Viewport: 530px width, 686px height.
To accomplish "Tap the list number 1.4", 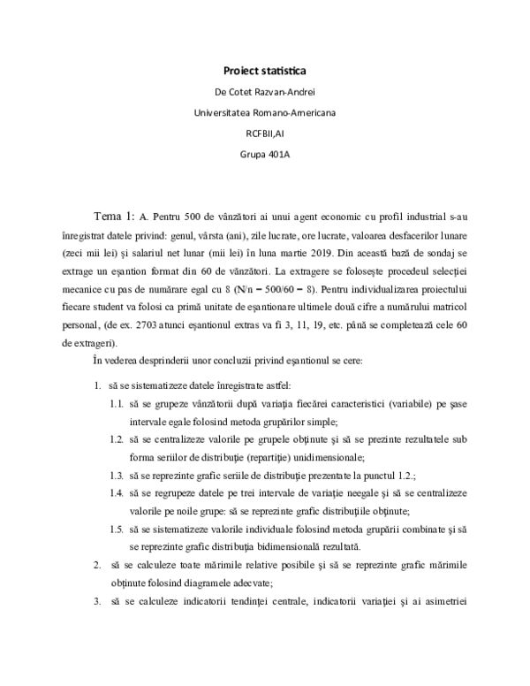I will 116,493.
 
